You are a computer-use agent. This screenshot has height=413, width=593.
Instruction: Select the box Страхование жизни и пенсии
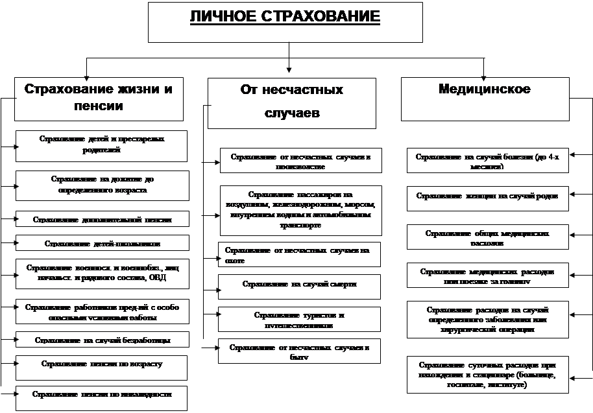coord(99,99)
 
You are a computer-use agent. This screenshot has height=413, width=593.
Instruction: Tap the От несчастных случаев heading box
coord(291,102)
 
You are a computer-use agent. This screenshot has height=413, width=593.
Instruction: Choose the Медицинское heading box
coord(485,99)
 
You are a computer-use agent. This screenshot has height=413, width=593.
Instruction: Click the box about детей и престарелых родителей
coord(102,145)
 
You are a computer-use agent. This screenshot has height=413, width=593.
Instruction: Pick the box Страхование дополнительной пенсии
coord(102,219)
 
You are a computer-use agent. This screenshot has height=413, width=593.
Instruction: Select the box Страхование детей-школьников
coord(102,243)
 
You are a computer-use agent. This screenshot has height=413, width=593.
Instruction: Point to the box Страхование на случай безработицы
coord(102,339)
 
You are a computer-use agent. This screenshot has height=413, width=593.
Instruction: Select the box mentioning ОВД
coord(102,273)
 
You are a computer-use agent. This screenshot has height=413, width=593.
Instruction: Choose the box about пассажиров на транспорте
coord(300,209)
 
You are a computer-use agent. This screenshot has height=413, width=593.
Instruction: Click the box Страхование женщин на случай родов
coord(487,198)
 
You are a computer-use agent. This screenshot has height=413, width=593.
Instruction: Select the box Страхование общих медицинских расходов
coord(487,237)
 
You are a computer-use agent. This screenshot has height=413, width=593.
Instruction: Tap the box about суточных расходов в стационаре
coord(487,373)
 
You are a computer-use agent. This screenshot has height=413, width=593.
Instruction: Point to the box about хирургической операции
coord(487,319)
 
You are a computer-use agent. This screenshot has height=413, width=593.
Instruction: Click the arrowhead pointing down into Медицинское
coord(483,73)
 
